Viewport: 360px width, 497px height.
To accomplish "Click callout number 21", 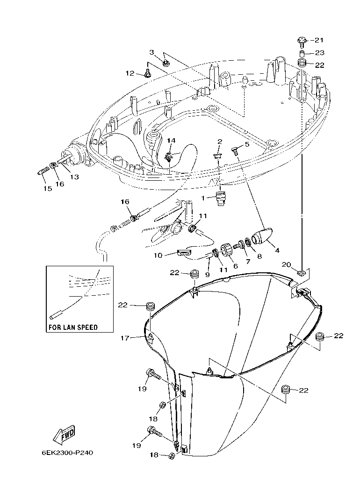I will point(319,40).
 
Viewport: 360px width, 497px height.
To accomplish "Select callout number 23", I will point(319,53).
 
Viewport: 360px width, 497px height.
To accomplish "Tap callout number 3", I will point(151,52).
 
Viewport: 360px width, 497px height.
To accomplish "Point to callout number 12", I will point(130,73).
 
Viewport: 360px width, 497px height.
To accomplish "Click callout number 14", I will point(171,140).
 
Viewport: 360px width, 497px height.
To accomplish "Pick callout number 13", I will point(74,177).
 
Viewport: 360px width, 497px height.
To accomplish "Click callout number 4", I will point(277,250).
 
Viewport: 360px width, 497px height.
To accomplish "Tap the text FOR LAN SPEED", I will point(73,327).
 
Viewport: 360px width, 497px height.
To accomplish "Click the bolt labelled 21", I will point(301,41).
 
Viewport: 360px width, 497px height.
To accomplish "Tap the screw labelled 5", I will point(235,150).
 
